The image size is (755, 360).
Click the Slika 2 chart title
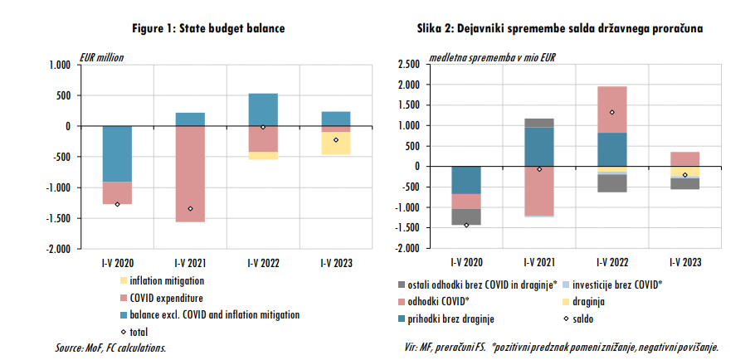click(x=560, y=28)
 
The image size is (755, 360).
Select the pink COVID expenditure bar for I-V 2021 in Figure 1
click(x=190, y=174)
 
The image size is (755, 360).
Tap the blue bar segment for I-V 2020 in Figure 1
click(x=117, y=153)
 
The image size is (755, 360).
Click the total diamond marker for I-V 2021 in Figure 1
click(x=190, y=209)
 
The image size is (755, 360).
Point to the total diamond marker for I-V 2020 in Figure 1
click(x=117, y=204)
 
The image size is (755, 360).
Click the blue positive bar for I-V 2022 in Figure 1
click(x=263, y=109)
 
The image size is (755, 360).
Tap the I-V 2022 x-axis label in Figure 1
click(x=263, y=263)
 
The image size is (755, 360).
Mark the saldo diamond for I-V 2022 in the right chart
click(x=611, y=113)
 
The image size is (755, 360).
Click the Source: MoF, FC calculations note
click(x=110, y=348)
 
